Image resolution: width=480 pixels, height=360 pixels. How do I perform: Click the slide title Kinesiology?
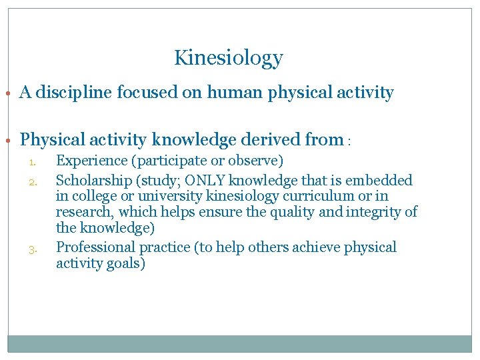(228, 59)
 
